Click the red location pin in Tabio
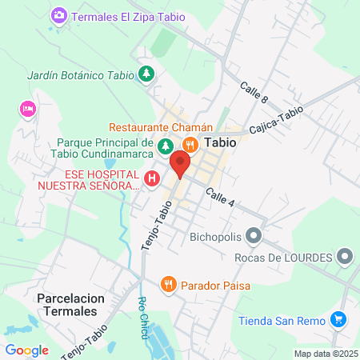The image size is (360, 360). pos(180,165)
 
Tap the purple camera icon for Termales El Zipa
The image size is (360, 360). pos(59,16)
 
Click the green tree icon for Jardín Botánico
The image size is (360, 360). pos(146,74)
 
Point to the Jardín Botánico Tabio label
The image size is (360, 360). pos(80,75)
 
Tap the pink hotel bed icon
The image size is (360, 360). pos(28,108)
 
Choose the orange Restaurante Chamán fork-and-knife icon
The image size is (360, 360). pos(190,144)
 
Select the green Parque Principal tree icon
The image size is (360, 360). pos(165,146)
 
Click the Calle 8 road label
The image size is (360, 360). pos(254,94)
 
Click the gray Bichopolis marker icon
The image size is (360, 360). pos(254,236)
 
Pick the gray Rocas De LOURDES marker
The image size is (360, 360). pos(346,257)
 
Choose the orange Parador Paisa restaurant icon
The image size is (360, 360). pos(168,284)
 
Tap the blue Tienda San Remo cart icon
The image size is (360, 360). pos(338,320)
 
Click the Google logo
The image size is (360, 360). pos(26,350)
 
